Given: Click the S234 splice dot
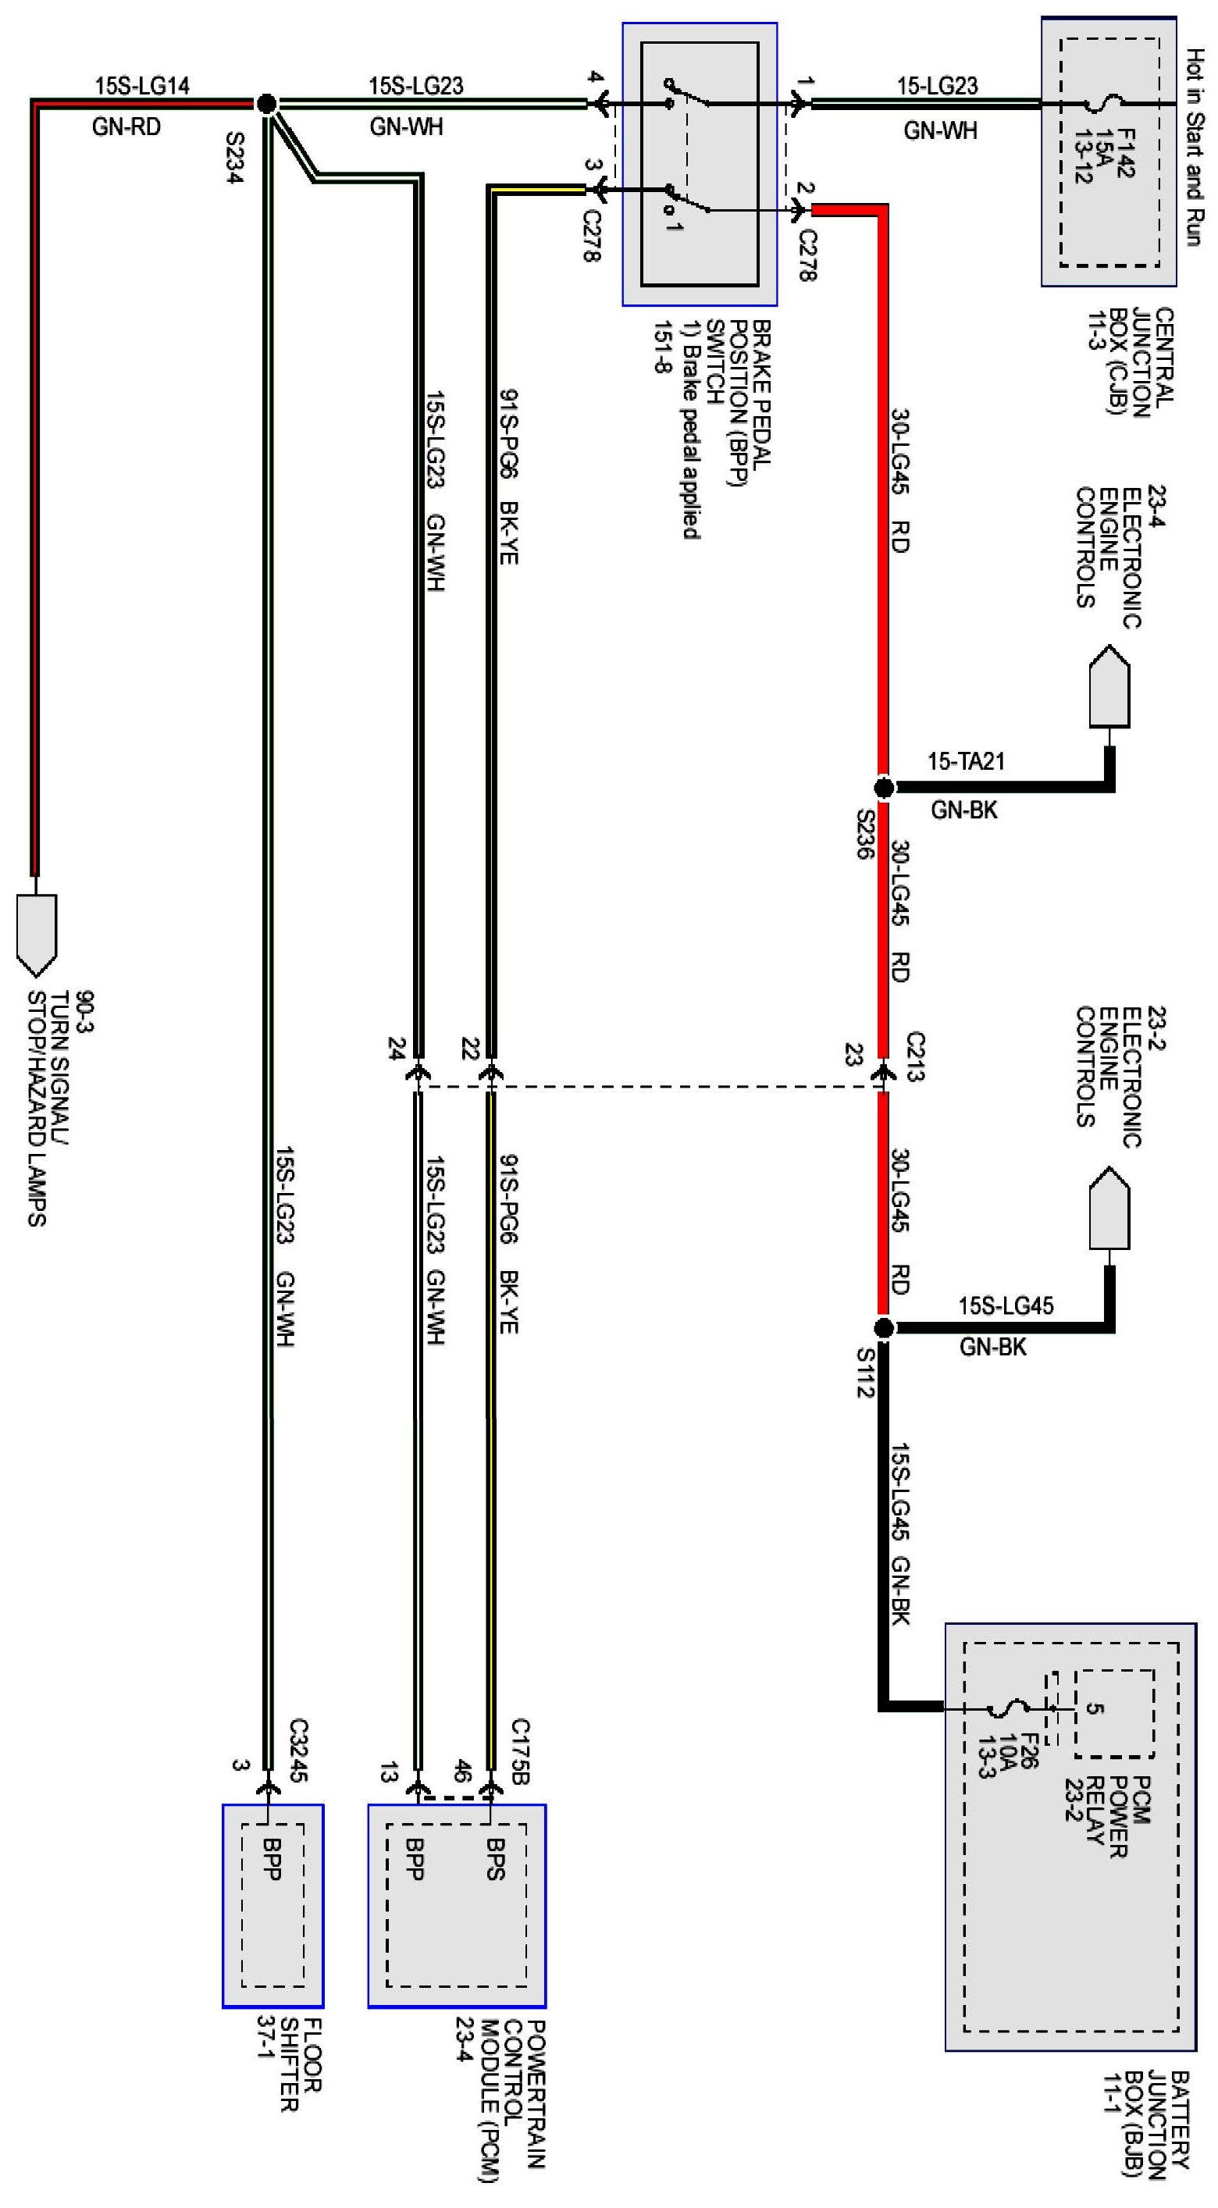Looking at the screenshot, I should coord(266,104).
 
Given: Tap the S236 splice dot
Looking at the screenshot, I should coord(883,787).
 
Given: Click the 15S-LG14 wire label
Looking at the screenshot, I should coord(141,86).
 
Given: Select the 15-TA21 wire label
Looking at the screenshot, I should coord(965,761).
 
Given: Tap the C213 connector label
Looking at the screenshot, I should coord(914,1057).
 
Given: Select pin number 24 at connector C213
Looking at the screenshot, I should coord(396,1049).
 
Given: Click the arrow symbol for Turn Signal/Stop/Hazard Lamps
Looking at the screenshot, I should coord(36,935).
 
